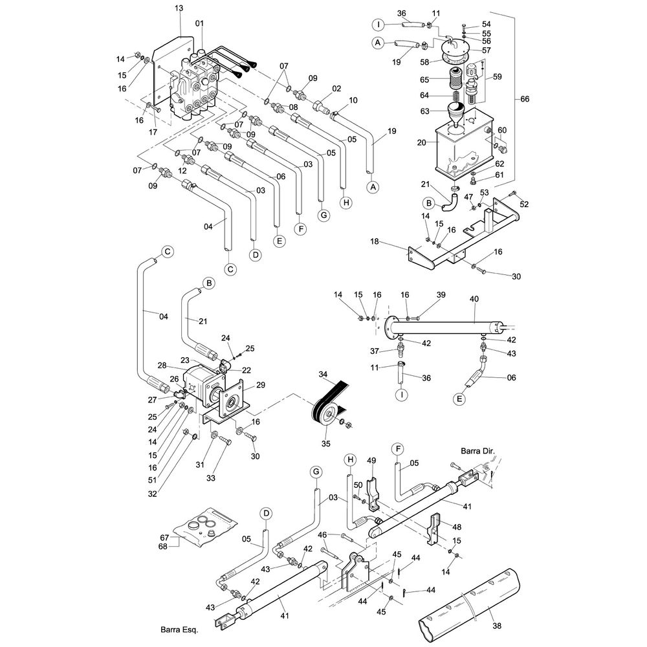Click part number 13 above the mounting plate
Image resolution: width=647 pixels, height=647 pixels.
[179, 8]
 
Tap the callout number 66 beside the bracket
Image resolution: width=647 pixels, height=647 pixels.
[525, 99]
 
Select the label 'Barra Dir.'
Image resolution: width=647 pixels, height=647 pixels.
[477, 451]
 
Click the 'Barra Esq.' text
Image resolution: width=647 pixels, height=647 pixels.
[179, 630]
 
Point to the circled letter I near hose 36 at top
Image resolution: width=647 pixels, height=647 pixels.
[378, 25]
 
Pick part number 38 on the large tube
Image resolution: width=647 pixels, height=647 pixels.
[497, 626]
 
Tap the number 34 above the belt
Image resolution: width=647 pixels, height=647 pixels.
[323, 374]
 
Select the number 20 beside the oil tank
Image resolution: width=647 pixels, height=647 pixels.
[421, 143]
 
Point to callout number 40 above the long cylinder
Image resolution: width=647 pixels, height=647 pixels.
[474, 299]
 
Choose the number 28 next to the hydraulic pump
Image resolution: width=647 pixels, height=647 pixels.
[162, 365]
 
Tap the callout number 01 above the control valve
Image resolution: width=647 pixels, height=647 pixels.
[199, 23]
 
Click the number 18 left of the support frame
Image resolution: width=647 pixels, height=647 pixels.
[374, 241]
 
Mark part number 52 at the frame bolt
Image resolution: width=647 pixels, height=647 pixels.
[524, 204]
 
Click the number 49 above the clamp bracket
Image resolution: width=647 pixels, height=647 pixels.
[371, 461]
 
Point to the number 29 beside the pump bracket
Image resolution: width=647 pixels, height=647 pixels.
[260, 385]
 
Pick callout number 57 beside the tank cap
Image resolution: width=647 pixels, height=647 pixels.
[487, 50]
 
